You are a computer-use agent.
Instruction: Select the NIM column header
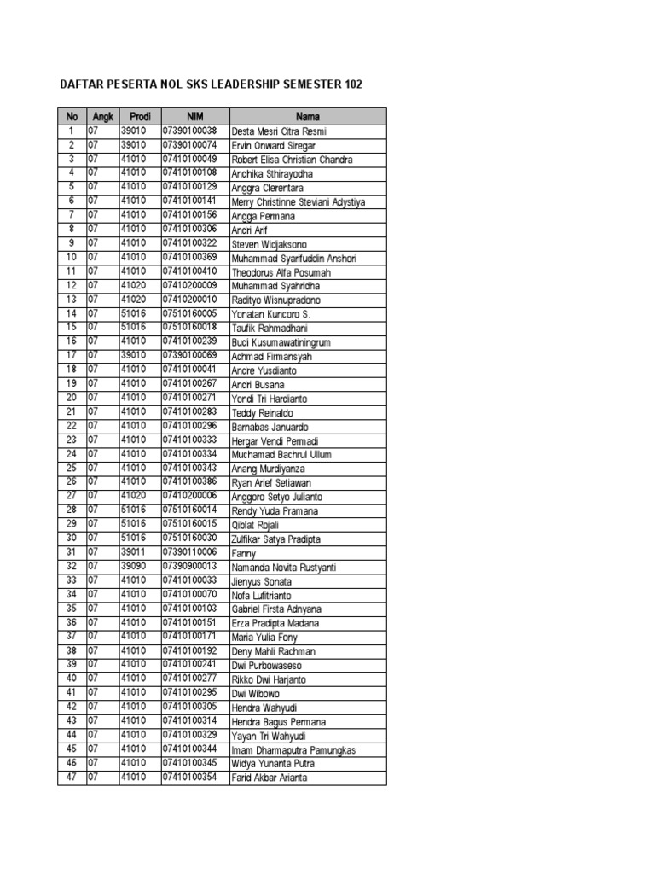point(194,116)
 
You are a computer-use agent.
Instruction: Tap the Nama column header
point(308,116)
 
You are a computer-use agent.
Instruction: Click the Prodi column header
point(140,116)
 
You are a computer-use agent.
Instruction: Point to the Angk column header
point(102,116)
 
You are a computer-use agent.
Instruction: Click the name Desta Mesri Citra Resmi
point(279,131)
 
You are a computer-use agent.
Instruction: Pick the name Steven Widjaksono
point(270,244)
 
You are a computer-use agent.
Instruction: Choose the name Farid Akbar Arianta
point(270,778)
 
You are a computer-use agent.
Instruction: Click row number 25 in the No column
point(72,468)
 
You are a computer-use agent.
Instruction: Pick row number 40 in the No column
point(72,679)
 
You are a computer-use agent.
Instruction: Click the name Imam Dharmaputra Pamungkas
point(294,749)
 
